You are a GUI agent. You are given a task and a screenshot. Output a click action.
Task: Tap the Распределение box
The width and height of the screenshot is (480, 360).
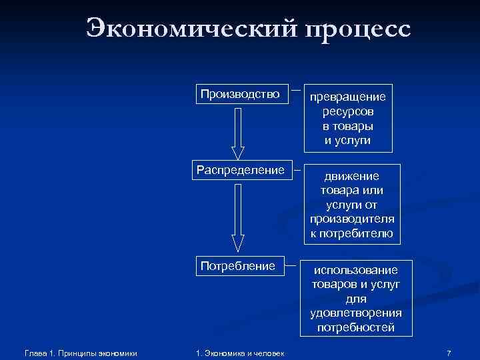click(x=240, y=169)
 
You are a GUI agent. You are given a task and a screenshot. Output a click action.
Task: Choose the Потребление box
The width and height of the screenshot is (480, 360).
click(x=238, y=266)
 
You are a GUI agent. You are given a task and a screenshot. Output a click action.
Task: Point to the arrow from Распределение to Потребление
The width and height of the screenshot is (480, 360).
click(x=238, y=217)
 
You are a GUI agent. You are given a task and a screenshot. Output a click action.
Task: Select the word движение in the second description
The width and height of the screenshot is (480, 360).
click(x=351, y=177)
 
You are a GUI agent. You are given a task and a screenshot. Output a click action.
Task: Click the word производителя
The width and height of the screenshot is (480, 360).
click(x=351, y=219)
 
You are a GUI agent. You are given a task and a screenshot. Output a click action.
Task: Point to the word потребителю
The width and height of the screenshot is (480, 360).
click(x=351, y=233)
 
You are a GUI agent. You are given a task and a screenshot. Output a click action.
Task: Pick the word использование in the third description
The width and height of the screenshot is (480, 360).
click(x=356, y=269)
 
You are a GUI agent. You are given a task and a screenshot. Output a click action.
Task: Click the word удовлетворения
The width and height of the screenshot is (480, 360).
click(x=356, y=313)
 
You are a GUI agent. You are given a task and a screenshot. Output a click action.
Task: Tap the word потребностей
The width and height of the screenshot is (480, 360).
click(x=356, y=327)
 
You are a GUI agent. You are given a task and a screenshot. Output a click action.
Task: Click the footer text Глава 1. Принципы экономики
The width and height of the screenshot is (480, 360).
click(x=80, y=352)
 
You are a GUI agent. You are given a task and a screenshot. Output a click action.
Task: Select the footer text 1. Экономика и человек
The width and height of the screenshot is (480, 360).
click(x=239, y=352)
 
